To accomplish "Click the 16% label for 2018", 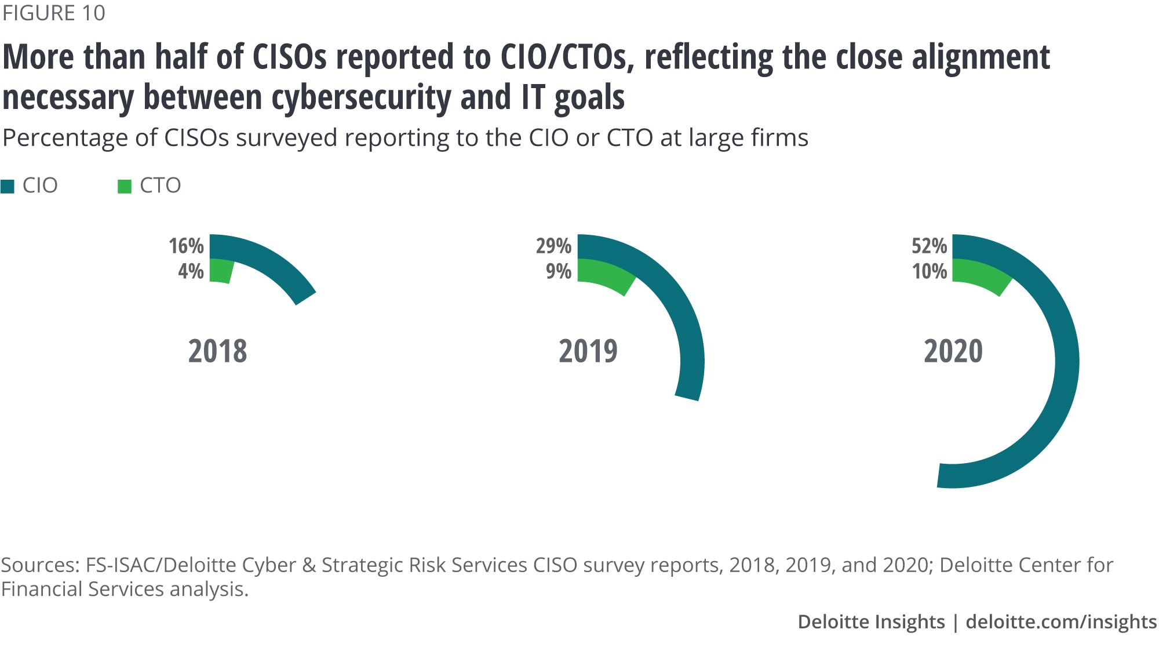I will coord(186,246).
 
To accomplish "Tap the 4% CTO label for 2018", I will coord(191,271).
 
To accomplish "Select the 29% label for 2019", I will coord(553,246).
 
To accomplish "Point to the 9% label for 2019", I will coord(559,271).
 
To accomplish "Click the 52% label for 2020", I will coord(929,246).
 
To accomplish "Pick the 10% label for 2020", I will coord(930,271).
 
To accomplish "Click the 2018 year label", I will coord(217,351).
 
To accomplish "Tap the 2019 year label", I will coord(588,351).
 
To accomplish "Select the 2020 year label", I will coord(953,351).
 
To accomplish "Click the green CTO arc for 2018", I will coord(221,271).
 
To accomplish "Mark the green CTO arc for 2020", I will coord(982,275).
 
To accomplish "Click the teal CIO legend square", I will coord(8,186).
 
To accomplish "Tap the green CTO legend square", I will coord(124,186).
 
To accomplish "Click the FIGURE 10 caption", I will coord(53,13).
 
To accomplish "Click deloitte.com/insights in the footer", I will coord(1061,621).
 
